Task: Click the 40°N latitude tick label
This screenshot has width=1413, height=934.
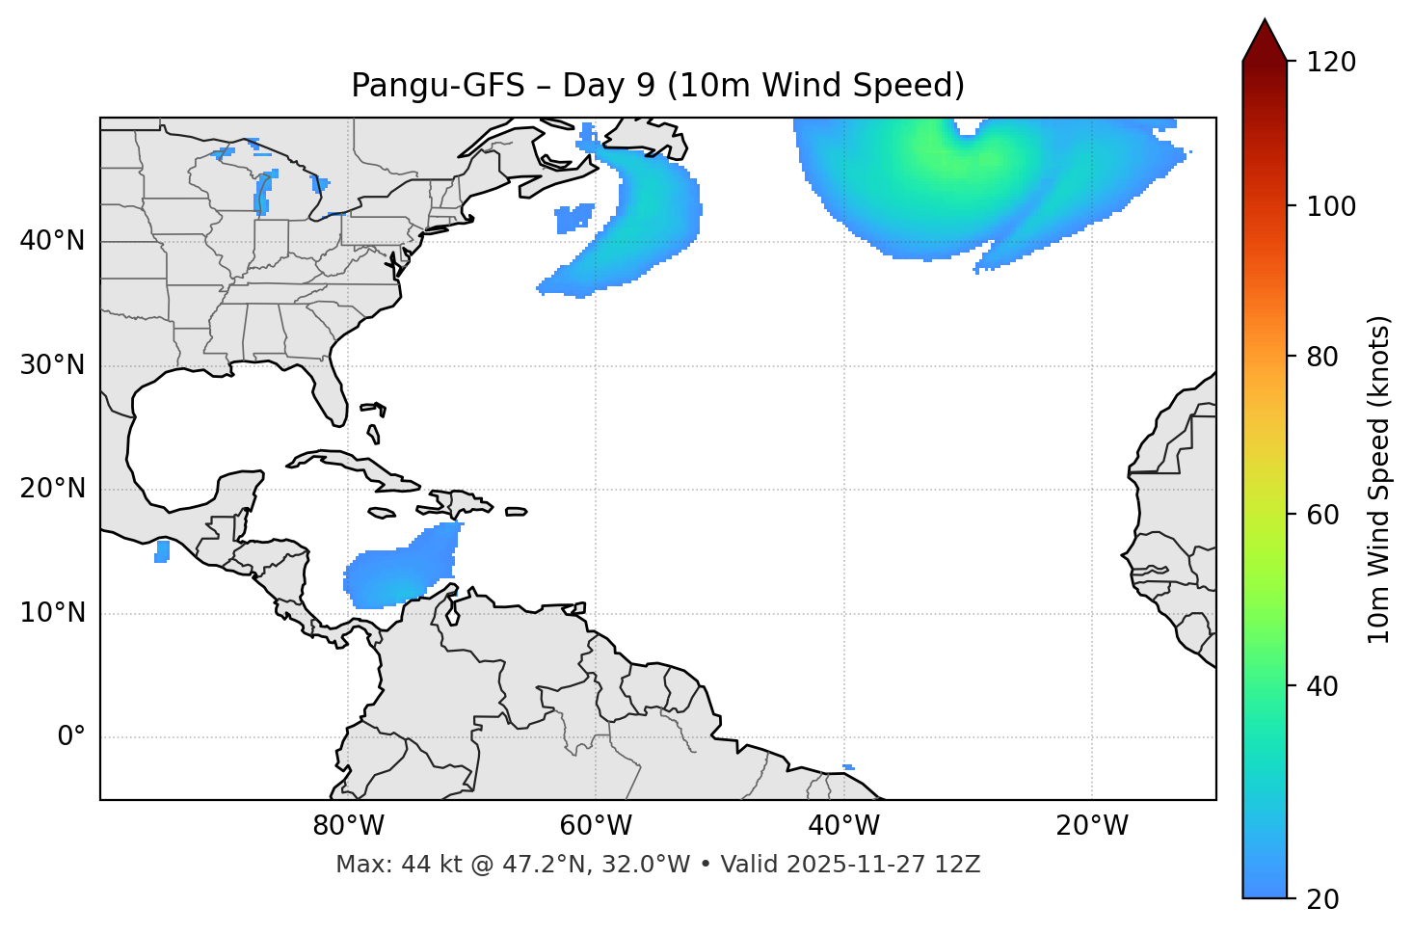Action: pos(52,241)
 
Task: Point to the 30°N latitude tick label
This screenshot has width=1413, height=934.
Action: pos(52,365)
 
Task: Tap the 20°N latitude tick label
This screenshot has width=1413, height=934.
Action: pos(52,489)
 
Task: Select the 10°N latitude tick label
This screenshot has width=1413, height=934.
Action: pos(52,613)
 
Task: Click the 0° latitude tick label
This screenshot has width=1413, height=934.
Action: pos(71,737)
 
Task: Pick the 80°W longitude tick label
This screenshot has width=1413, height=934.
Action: pos(348,826)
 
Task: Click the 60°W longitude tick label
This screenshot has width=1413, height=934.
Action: pos(596,826)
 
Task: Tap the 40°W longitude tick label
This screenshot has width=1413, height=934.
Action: pos(843,826)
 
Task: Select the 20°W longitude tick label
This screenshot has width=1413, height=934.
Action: pos(1091,826)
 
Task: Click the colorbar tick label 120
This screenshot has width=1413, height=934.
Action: pos(1331,63)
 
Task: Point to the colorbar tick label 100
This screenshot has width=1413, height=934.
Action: pos(1331,206)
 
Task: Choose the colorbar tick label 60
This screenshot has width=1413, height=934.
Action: pos(1324,515)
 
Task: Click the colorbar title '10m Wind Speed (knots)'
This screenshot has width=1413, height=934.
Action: pos(1379,479)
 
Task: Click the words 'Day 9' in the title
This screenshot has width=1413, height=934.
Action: pos(608,86)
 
